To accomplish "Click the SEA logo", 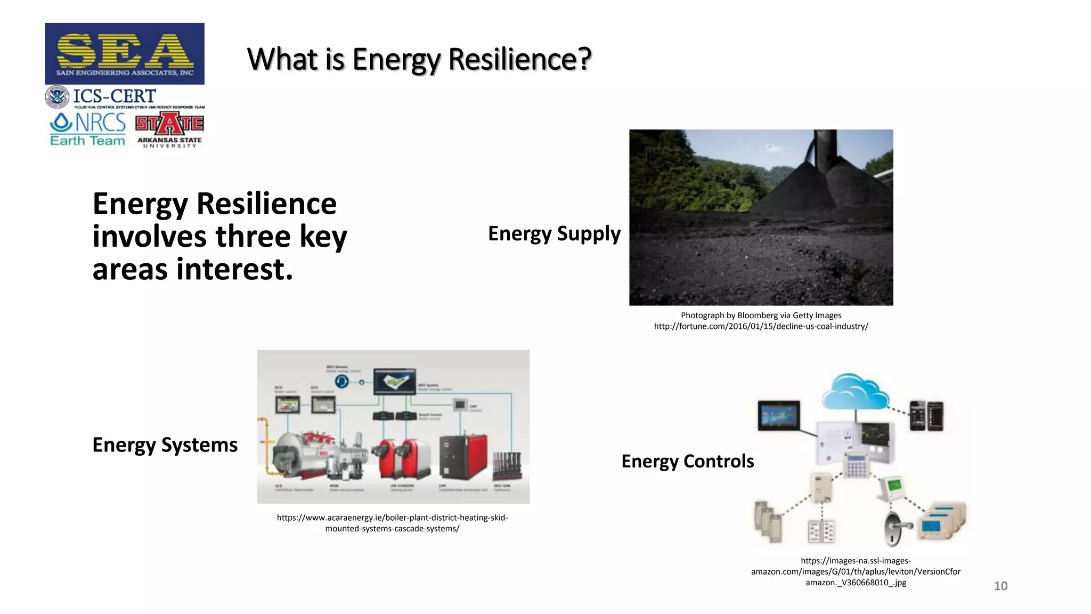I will coord(125,53).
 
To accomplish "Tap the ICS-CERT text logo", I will coord(114,96).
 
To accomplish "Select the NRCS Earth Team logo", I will coord(88,129).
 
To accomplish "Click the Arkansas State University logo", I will coord(169,130).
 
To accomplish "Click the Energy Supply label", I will coord(554,233).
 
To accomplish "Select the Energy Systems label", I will coord(165,445).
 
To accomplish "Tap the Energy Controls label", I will coord(687,461).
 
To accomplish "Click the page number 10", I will coord(1000,586).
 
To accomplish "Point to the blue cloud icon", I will coord(855,392).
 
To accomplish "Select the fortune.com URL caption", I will coord(761,326).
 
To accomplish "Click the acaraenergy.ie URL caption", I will coord(392,523).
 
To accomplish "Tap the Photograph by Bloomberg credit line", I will coord(761,315).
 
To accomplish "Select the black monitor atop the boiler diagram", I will coord(395,381).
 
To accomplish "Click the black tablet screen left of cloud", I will coord(779,415).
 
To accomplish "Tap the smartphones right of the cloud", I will coord(926,415).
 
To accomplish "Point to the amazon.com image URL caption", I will coord(856,571).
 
